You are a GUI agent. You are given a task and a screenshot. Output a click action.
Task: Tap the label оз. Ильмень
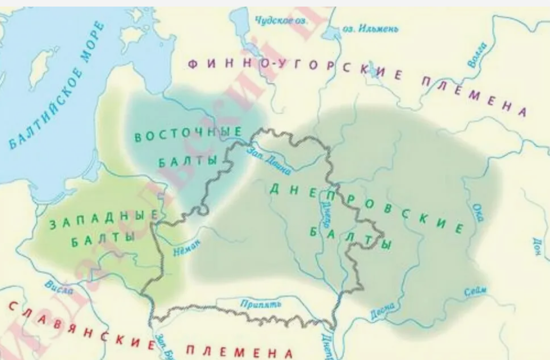(370, 28)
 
